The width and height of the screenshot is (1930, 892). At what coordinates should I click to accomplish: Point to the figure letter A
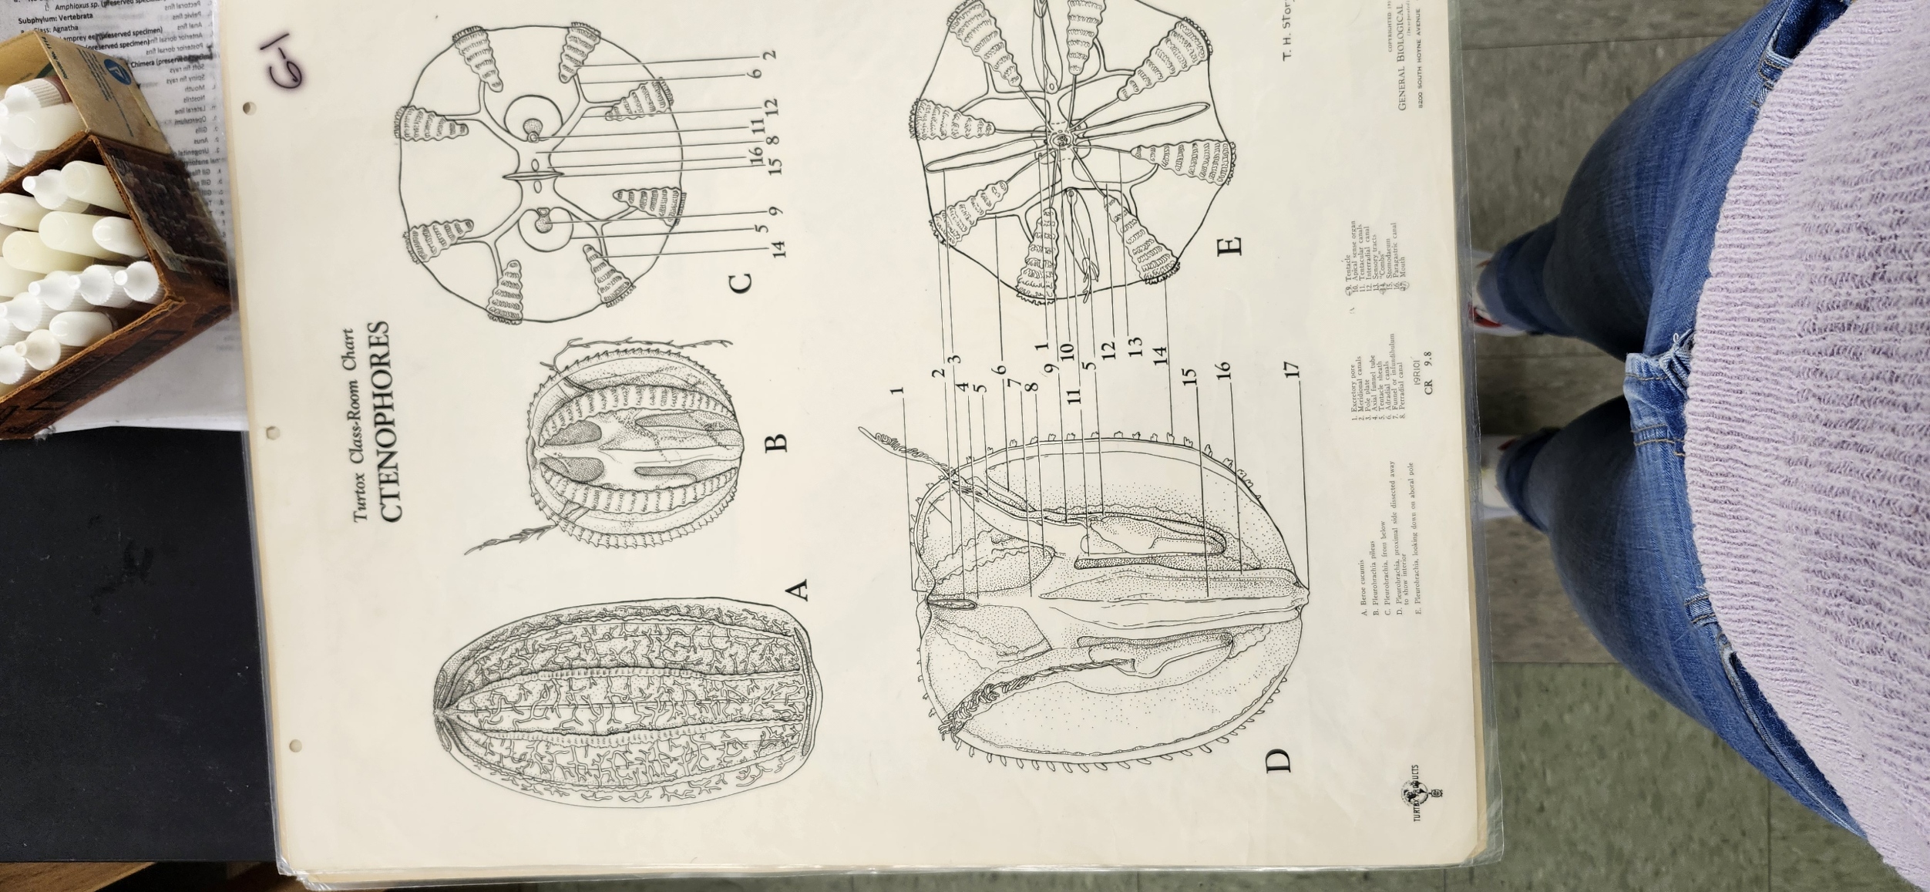[x=799, y=590]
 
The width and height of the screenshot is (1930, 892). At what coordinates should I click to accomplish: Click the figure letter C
[x=739, y=282]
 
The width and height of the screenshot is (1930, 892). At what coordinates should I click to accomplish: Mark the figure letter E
[x=1231, y=244]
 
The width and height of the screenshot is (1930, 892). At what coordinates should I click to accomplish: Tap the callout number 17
[x=1293, y=369]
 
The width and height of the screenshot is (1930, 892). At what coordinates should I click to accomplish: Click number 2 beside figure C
[x=769, y=55]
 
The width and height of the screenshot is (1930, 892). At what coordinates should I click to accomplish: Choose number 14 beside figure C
[x=779, y=248]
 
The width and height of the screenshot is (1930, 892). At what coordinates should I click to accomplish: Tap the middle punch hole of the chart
[x=271, y=432]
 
